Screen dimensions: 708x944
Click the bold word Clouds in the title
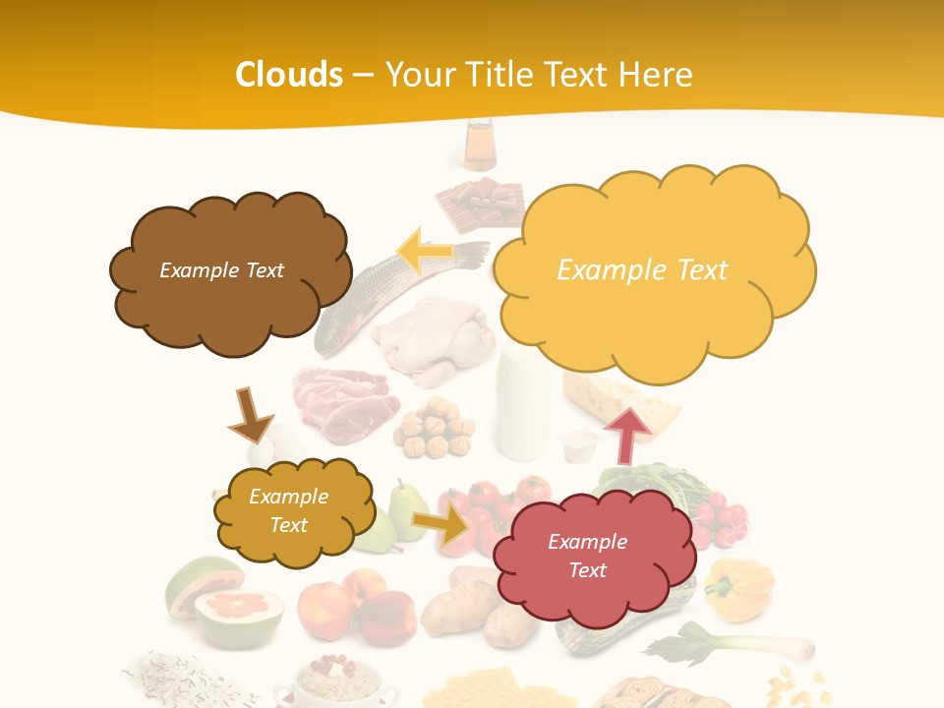click(288, 75)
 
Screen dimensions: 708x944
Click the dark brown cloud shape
click(227, 271)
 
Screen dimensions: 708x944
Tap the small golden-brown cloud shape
click(291, 510)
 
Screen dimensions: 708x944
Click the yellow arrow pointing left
click(426, 252)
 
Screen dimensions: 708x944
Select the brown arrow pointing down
click(250, 415)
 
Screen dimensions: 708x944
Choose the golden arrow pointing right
click(442, 525)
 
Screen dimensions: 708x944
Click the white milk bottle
click(521, 407)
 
